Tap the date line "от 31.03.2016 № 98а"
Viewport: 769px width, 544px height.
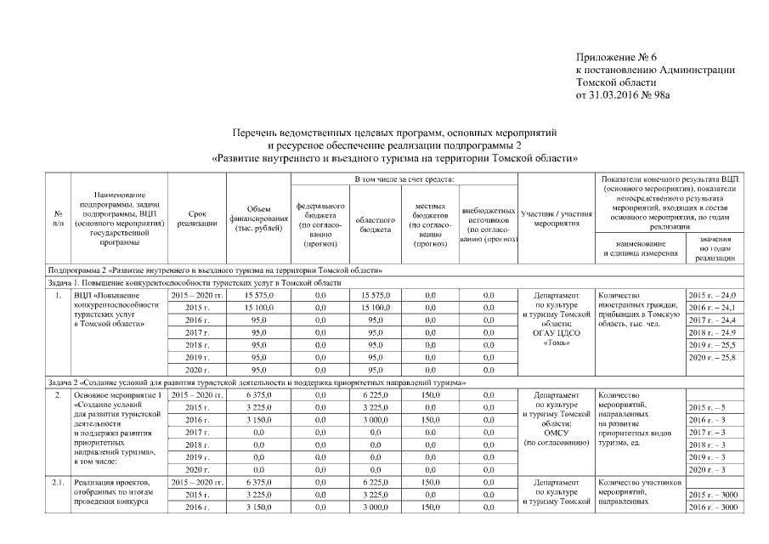623,95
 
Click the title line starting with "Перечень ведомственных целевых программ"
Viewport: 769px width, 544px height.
394,133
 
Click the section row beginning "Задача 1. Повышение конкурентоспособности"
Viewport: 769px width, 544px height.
195,282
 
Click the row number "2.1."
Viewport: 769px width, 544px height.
57,483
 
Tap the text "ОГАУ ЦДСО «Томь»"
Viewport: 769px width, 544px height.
556,338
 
